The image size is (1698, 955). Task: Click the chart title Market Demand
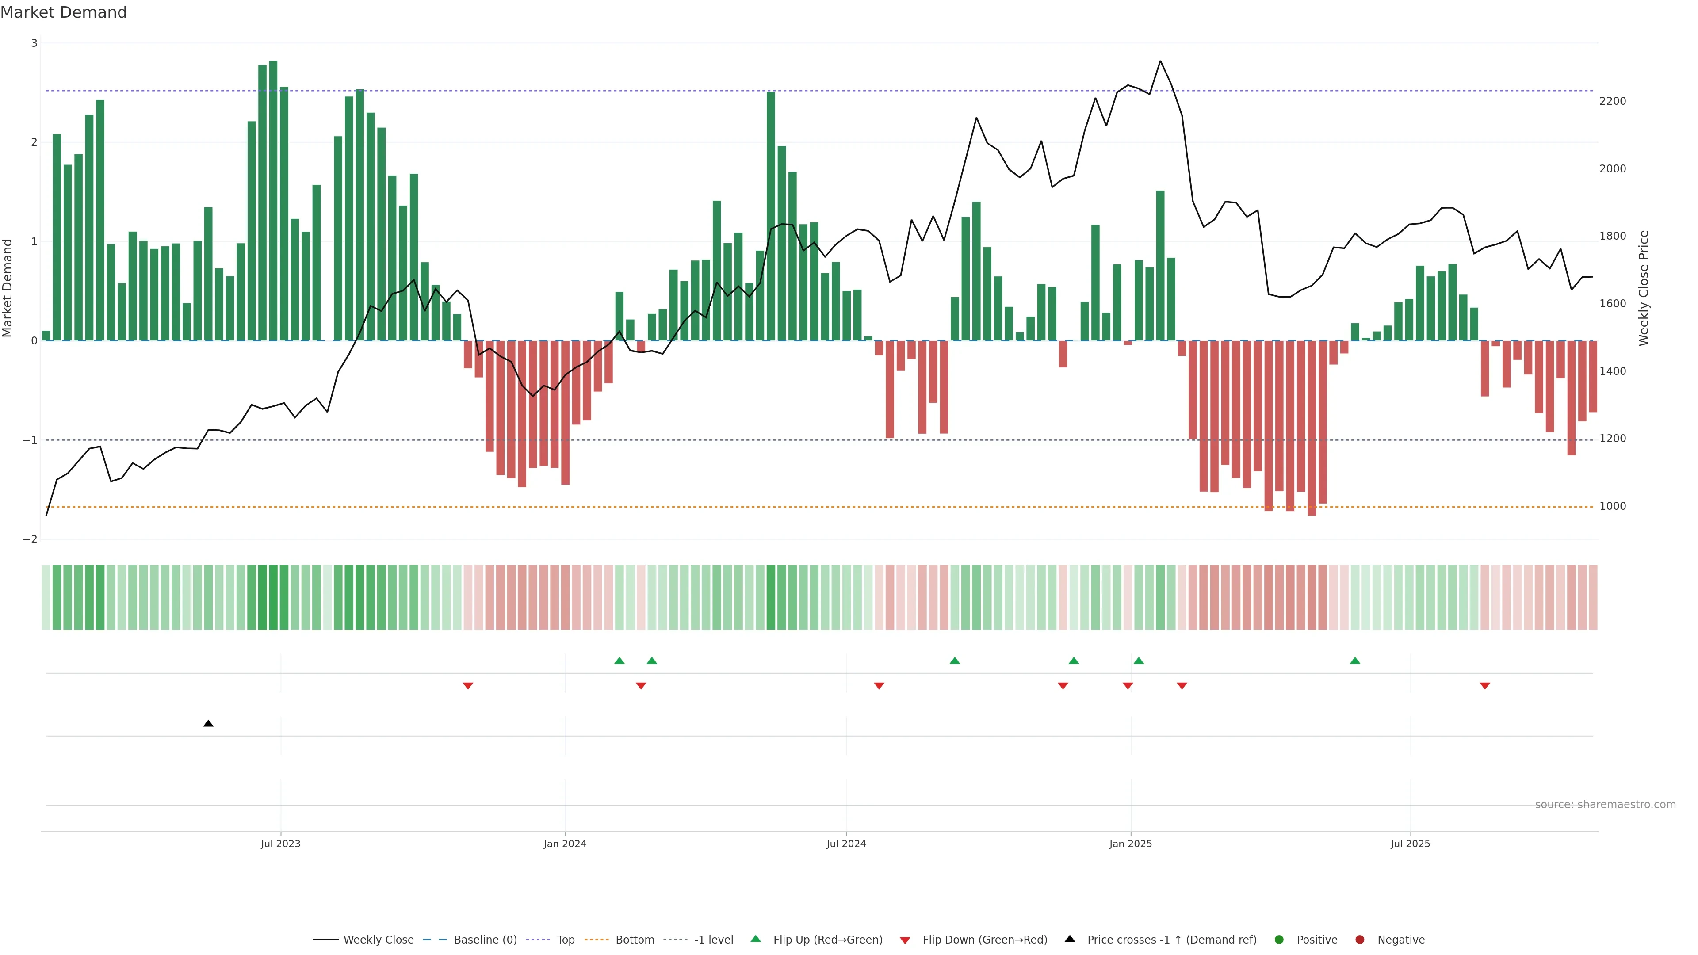[x=63, y=12]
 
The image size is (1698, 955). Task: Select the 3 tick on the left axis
[x=34, y=43]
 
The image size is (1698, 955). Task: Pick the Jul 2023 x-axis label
[x=280, y=844]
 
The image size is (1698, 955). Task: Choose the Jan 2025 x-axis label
[x=1131, y=844]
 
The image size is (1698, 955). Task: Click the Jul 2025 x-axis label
[x=1410, y=844]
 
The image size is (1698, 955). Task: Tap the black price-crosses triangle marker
[x=208, y=724]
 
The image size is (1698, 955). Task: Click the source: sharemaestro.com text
[x=1605, y=805]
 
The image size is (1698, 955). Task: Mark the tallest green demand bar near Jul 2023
[x=273, y=198]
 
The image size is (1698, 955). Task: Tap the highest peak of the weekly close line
[x=1160, y=61]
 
